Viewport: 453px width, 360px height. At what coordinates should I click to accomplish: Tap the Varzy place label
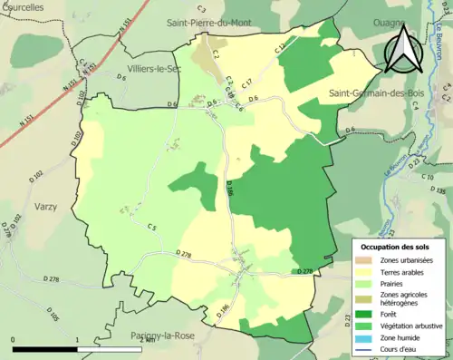click(45, 207)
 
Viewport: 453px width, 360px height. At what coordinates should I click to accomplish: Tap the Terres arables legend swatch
click(363, 273)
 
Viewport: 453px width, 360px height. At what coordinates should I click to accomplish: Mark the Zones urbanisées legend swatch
click(363, 260)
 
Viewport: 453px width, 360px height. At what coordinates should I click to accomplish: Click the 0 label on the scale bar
click(14, 340)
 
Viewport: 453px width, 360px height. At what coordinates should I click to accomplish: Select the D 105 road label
click(53, 316)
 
